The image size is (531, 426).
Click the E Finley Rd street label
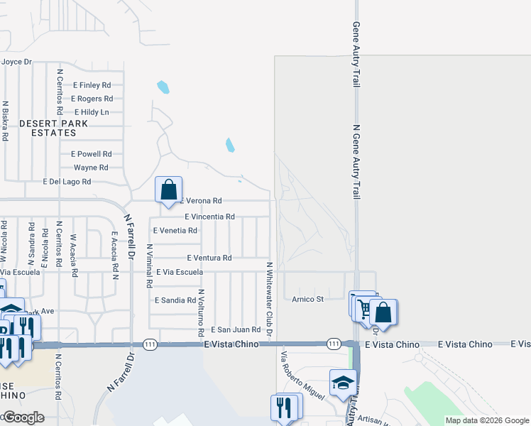pyautogui.click(x=92, y=85)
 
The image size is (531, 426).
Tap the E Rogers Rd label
pyautogui.click(x=92, y=99)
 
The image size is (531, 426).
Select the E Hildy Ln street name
pyautogui.click(x=92, y=112)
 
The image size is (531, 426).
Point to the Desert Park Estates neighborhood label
pyautogui.click(x=53, y=128)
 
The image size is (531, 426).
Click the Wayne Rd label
pyautogui.click(x=91, y=168)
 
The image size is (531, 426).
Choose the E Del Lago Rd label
pyautogui.click(x=67, y=182)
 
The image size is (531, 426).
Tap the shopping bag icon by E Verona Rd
pyautogui.click(x=169, y=190)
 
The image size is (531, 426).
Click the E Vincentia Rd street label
pyautogui.click(x=209, y=217)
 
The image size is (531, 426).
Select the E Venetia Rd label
pyautogui.click(x=175, y=231)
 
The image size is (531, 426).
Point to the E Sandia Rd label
pyautogui.click(x=175, y=300)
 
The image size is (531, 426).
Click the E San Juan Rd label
pyautogui.click(x=236, y=329)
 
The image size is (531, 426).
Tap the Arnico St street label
pyautogui.click(x=307, y=299)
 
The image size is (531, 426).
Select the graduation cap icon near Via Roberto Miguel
pyautogui.click(x=343, y=382)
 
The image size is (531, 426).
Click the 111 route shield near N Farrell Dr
pyautogui.click(x=150, y=344)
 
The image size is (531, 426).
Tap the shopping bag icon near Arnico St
pyautogui.click(x=383, y=312)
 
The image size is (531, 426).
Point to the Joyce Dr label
pyautogui.click(x=17, y=62)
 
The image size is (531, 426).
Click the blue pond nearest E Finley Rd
pyautogui.click(x=163, y=87)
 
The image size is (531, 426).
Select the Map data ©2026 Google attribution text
pyautogui.click(x=486, y=420)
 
